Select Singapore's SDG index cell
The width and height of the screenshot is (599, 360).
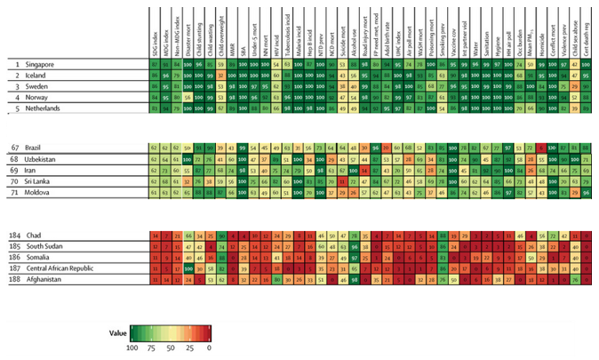point(156,66)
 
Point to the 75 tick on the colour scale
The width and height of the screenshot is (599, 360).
point(152,349)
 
